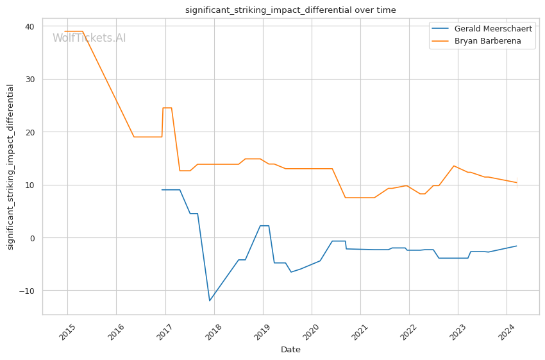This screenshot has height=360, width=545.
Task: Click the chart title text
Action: click(x=290, y=10)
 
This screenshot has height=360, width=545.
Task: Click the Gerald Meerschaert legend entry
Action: click(x=492, y=29)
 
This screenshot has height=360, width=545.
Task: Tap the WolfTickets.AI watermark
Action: click(x=89, y=39)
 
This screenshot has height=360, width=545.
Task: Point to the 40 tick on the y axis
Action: click(x=29, y=26)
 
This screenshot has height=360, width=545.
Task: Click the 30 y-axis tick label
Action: click(x=29, y=80)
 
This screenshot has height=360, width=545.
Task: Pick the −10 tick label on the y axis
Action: click(x=27, y=291)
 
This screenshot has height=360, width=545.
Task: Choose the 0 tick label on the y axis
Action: click(x=32, y=238)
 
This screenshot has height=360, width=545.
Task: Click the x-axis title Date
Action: click(x=290, y=350)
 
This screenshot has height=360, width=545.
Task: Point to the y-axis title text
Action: click(x=11, y=167)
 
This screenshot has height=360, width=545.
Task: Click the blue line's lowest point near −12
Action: click(x=210, y=300)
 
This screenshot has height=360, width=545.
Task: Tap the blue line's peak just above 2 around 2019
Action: click(x=264, y=226)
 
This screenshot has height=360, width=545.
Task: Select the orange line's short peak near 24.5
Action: click(x=167, y=108)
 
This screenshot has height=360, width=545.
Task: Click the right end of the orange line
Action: click(x=517, y=183)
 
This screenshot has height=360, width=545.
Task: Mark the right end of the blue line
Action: click(x=517, y=246)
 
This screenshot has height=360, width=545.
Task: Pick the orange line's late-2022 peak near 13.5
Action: click(x=454, y=166)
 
